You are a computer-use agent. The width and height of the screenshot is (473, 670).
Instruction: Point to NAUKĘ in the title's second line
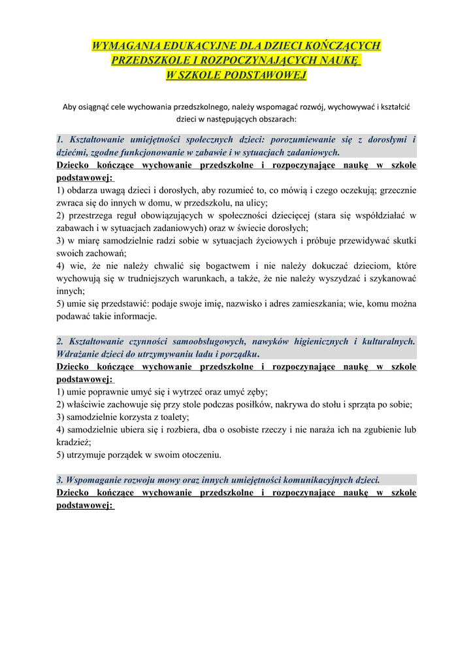[339, 60]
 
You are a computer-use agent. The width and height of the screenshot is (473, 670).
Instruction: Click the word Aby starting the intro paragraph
[69, 106]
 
